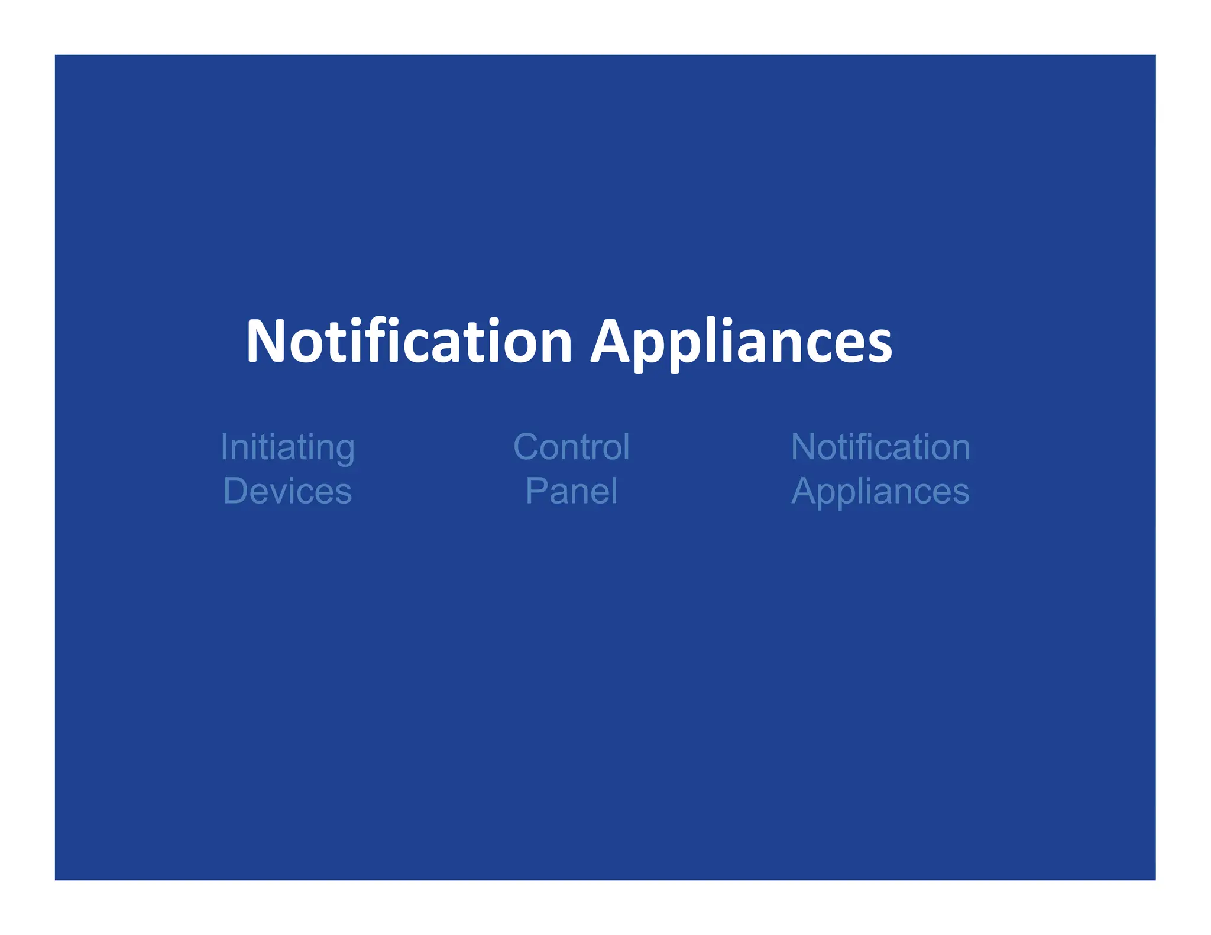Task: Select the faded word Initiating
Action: tap(287, 447)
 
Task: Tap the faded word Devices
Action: tap(287, 491)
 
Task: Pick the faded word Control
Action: tap(571, 447)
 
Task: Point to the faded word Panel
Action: tap(571, 491)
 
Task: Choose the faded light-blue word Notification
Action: tap(880, 447)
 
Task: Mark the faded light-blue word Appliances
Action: tap(880, 492)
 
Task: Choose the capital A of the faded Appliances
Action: tap(805, 491)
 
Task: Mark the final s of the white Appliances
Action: tap(880, 346)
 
